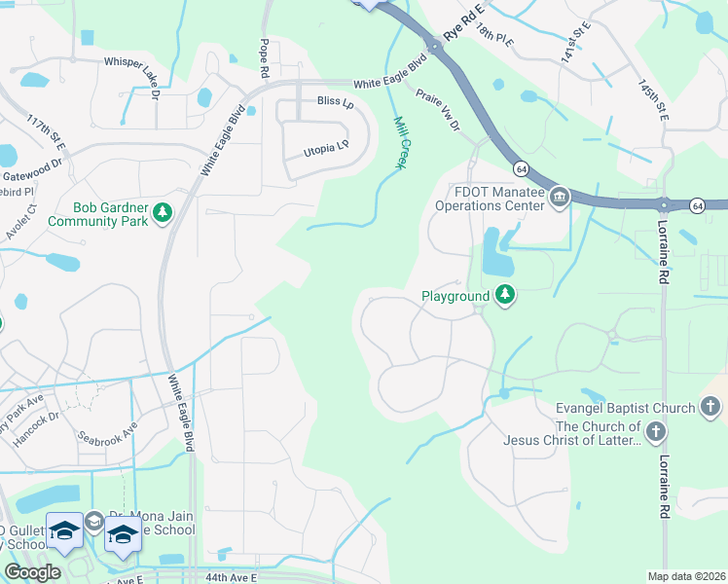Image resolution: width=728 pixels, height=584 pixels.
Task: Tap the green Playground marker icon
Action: coord(504,294)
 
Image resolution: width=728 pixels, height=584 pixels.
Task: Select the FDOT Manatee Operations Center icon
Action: coord(560,198)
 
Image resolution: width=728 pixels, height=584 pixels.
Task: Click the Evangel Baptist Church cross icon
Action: coord(710,408)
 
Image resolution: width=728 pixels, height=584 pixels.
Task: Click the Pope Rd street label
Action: coord(263,59)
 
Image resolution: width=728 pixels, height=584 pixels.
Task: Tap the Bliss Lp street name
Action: coord(334,101)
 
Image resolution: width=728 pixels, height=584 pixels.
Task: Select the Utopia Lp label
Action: coord(326,147)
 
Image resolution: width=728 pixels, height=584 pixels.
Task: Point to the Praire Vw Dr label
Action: coord(437,109)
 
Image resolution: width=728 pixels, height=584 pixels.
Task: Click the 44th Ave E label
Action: coord(230,577)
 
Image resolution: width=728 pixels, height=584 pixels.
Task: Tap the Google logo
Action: coord(33,572)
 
